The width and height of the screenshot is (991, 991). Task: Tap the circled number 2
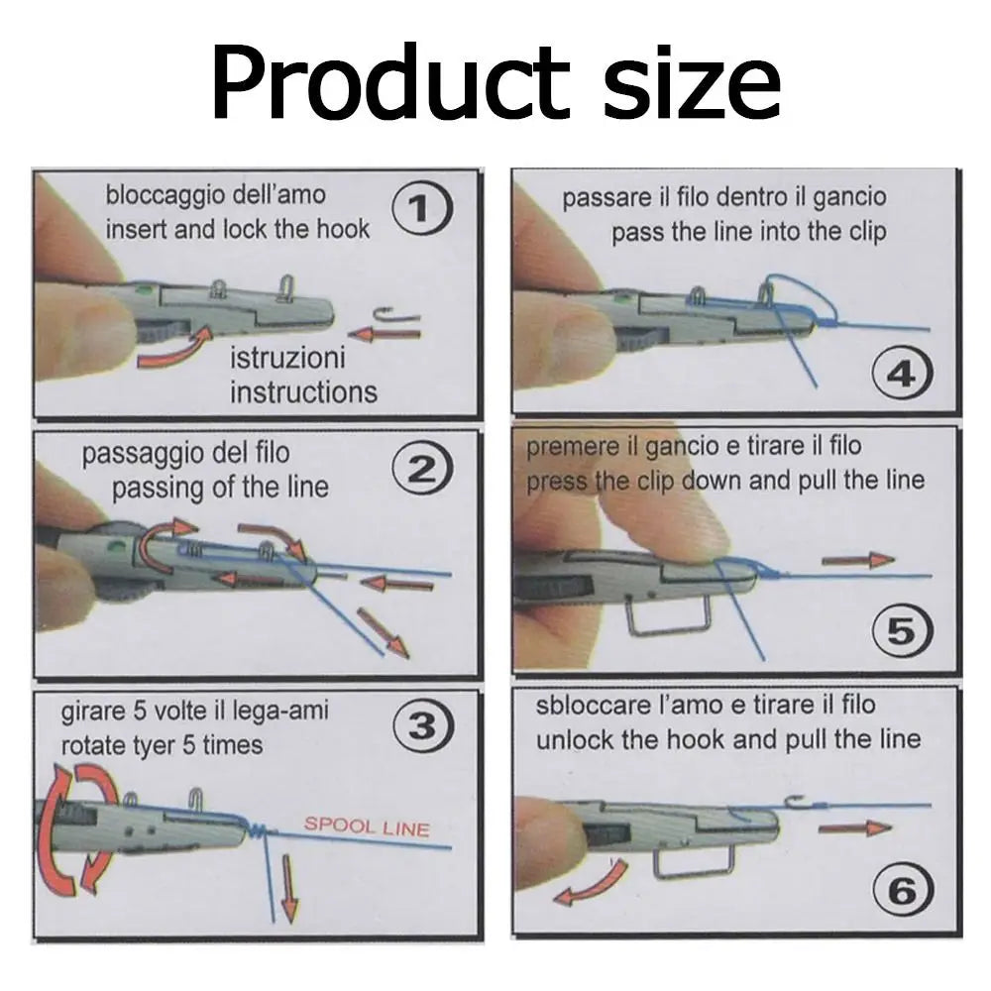click(x=422, y=470)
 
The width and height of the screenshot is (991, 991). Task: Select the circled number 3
click(x=423, y=726)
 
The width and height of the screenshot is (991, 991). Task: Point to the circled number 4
click(x=902, y=375)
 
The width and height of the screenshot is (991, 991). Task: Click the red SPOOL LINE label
click(x=367, y=826)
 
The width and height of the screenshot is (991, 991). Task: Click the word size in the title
click(x=692, y=83)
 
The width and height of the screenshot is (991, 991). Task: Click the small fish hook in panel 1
click(x=395, y=315)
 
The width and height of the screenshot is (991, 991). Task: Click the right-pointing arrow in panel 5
click(x=858, y=560)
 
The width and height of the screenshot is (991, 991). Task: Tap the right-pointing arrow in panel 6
click(x=854, y=827)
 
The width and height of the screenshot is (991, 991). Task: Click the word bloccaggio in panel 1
click(x=165, y=195)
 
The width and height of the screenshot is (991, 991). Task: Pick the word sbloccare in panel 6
click(x=589, y=706)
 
